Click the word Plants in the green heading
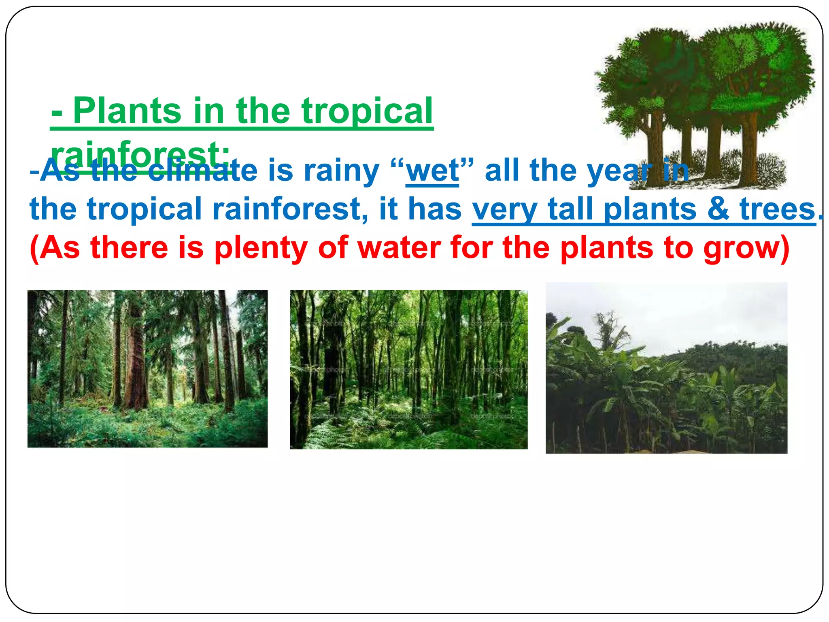point(127,111)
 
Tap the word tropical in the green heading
point(367,111)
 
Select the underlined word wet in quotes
point(432,171)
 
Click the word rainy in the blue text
point(341,171)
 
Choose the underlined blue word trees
point(777,209)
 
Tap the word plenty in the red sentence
point(261,248)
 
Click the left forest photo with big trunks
point(147,369)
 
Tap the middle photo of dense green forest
point(408,369)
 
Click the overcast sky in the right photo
point(688,312)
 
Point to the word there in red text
point(129,248)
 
